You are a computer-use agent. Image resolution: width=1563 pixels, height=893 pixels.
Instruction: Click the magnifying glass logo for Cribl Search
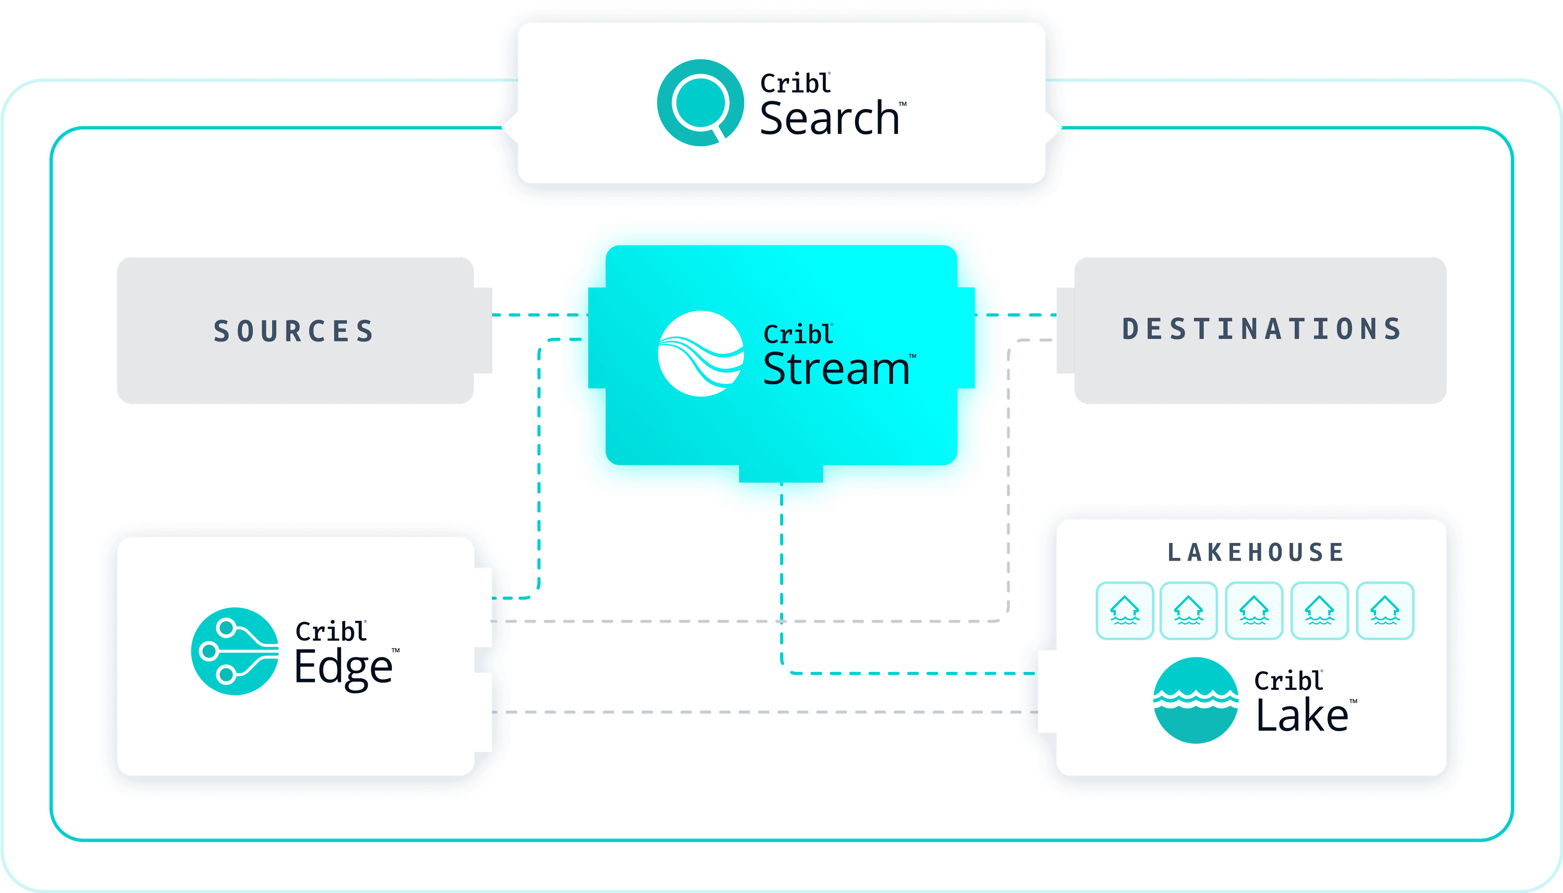click(700, 103)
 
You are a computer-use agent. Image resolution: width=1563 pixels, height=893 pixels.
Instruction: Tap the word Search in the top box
click(829, 119)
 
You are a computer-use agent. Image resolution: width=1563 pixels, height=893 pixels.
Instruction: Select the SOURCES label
click(294, 331)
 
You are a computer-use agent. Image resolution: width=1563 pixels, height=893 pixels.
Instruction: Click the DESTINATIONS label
click(1262, 329)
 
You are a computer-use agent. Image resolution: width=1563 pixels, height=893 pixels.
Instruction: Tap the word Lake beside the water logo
click(1302, 716)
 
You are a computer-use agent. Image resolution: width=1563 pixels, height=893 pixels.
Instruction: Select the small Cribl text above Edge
click(331, 632)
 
